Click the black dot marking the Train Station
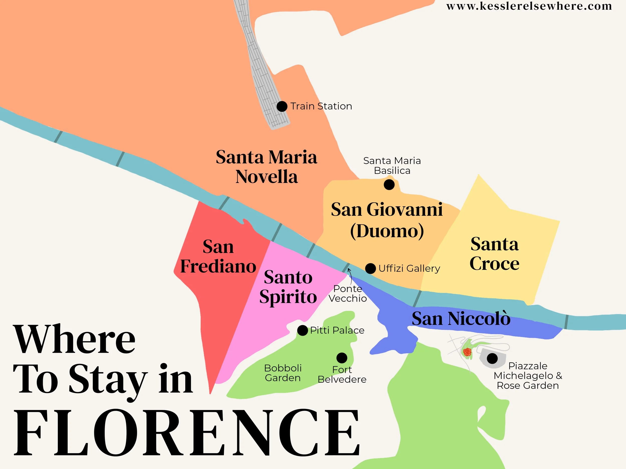pyautogui.click(x=282, y=107)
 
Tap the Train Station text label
pyautogui.click(x=321, y=106)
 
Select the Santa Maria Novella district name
pyautogui.click(x=266, y=167)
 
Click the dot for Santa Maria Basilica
pyautogui.click(x=389, y=185)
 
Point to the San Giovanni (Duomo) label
pyautogui.click(x=387, y=220)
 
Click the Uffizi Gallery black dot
pyautogui.click(x=370, y=268)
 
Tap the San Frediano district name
pyautogui.click(x=218, y=256)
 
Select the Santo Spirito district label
pyautogui.click(x=288, y=287)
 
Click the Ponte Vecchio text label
pyautogui.click(x=348, y=293)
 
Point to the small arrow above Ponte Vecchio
pyautogui.click(x=350, y=273)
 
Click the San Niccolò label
pyautogui.click(x=461, y=319)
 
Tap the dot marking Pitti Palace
pyautogui.click(x=302, y=330)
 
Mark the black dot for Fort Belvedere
pyautogui.click(x=342, y=358)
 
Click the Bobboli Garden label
pyautogui.click(x=283, y=373)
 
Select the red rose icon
pyautogui.click(x=467, y=352)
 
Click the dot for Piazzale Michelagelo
pyautogui.click(x=493, y=358)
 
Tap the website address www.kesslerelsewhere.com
pyautogui.click(x=529, y=6)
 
